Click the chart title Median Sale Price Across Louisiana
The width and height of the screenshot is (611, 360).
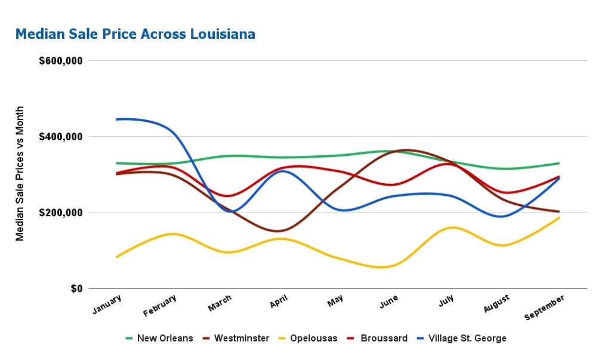[x=135, y=34]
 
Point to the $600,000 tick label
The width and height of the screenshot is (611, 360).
[x=60, y=61]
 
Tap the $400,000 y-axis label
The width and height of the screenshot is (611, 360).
[x=60, y=137]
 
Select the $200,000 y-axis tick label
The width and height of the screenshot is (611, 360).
[x=60, y=213]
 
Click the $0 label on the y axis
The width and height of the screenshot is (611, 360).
[x=76, y=289]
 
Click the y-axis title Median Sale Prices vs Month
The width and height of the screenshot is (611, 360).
[x=20, y=174]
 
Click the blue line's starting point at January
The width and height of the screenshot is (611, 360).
[x=116, y=119]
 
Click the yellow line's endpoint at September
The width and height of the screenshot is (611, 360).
[x=559, y=218]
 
